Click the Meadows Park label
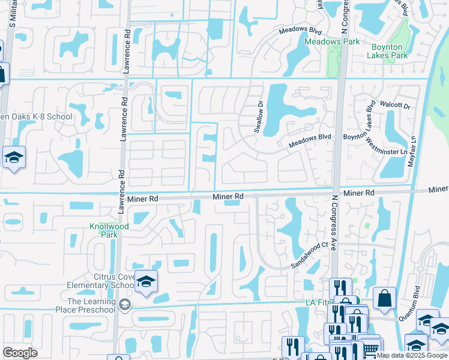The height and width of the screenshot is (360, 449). coord(332,41)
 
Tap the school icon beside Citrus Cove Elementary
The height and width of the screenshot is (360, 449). coord(145,281)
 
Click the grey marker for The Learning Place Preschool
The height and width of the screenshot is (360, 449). coord(125,304)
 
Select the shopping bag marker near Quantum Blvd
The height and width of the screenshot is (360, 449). coord(384,298)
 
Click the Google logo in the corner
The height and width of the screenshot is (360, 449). coord(20,353)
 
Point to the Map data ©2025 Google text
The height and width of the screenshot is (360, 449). coord(412,355)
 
